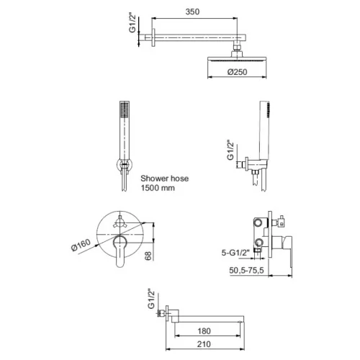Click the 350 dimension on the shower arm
(x=192, y=12)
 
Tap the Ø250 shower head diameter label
(x=237, y=72)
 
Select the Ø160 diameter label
(x=81, y=245)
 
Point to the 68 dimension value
(x=148, y=256)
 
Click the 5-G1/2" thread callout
(x=235, y=253)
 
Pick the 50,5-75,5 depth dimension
(x=246, y=270)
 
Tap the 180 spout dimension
(x=204, y=331)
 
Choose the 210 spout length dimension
(x=204, y=344)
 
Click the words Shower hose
(x=165, y=179)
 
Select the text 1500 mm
(x=158, y=188)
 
